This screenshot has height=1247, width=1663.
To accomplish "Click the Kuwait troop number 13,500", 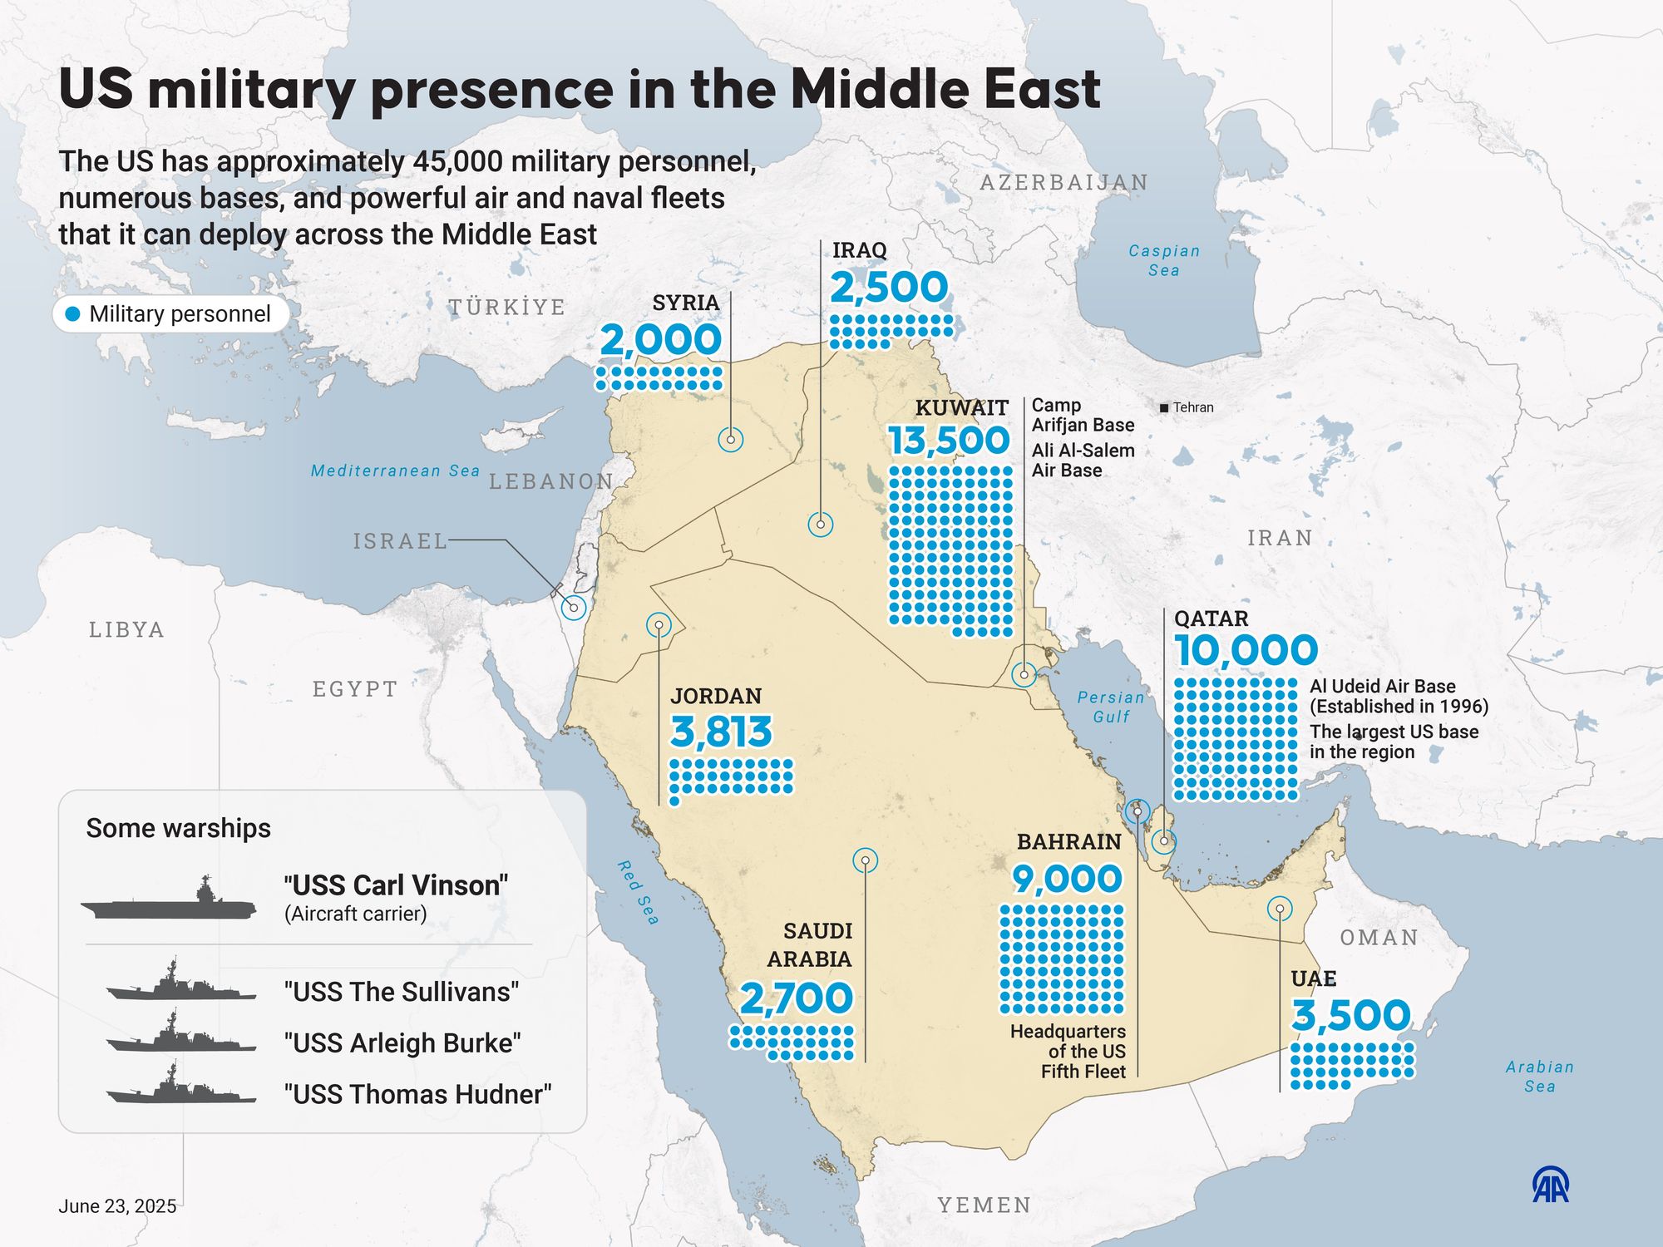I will [x=949, y=441].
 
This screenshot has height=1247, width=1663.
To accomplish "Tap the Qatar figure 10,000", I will [x=1246, y=650].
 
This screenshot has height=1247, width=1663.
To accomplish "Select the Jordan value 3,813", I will [x=721, y=732].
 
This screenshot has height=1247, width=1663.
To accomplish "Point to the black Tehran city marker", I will [x=1164, y=407].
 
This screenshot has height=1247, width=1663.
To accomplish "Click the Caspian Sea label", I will [x=1164, y=260].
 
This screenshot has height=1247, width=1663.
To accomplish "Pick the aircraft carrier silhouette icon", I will [x=169, y=901].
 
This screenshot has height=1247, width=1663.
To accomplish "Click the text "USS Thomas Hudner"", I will [x=417, y=1094].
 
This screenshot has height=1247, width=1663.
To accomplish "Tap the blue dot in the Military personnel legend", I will [x=73, y=314].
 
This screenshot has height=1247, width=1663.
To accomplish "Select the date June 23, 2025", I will [x=117, y=1206].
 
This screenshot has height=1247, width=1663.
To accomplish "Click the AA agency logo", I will [x=1551, y=1185].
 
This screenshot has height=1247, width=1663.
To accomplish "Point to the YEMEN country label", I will [x=984, y=1205].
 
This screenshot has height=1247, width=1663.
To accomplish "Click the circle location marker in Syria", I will [x=730, y=439].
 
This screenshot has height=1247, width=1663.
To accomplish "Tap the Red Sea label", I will [x=639, y=893].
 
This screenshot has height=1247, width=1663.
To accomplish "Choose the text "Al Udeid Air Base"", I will [x=1382, y=686].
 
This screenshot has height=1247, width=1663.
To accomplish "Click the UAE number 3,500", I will [x=1351, y=1016].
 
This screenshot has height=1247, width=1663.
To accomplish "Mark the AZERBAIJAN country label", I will [x=1063, y=182].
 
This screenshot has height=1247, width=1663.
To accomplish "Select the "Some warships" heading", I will [x=179, y=828].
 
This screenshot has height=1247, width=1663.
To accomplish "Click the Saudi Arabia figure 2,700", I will [x=796, y=998].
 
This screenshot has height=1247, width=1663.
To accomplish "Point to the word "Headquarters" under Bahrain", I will [x=1068, y=1032].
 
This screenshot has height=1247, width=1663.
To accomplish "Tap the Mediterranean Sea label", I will [x=395, y=471].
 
